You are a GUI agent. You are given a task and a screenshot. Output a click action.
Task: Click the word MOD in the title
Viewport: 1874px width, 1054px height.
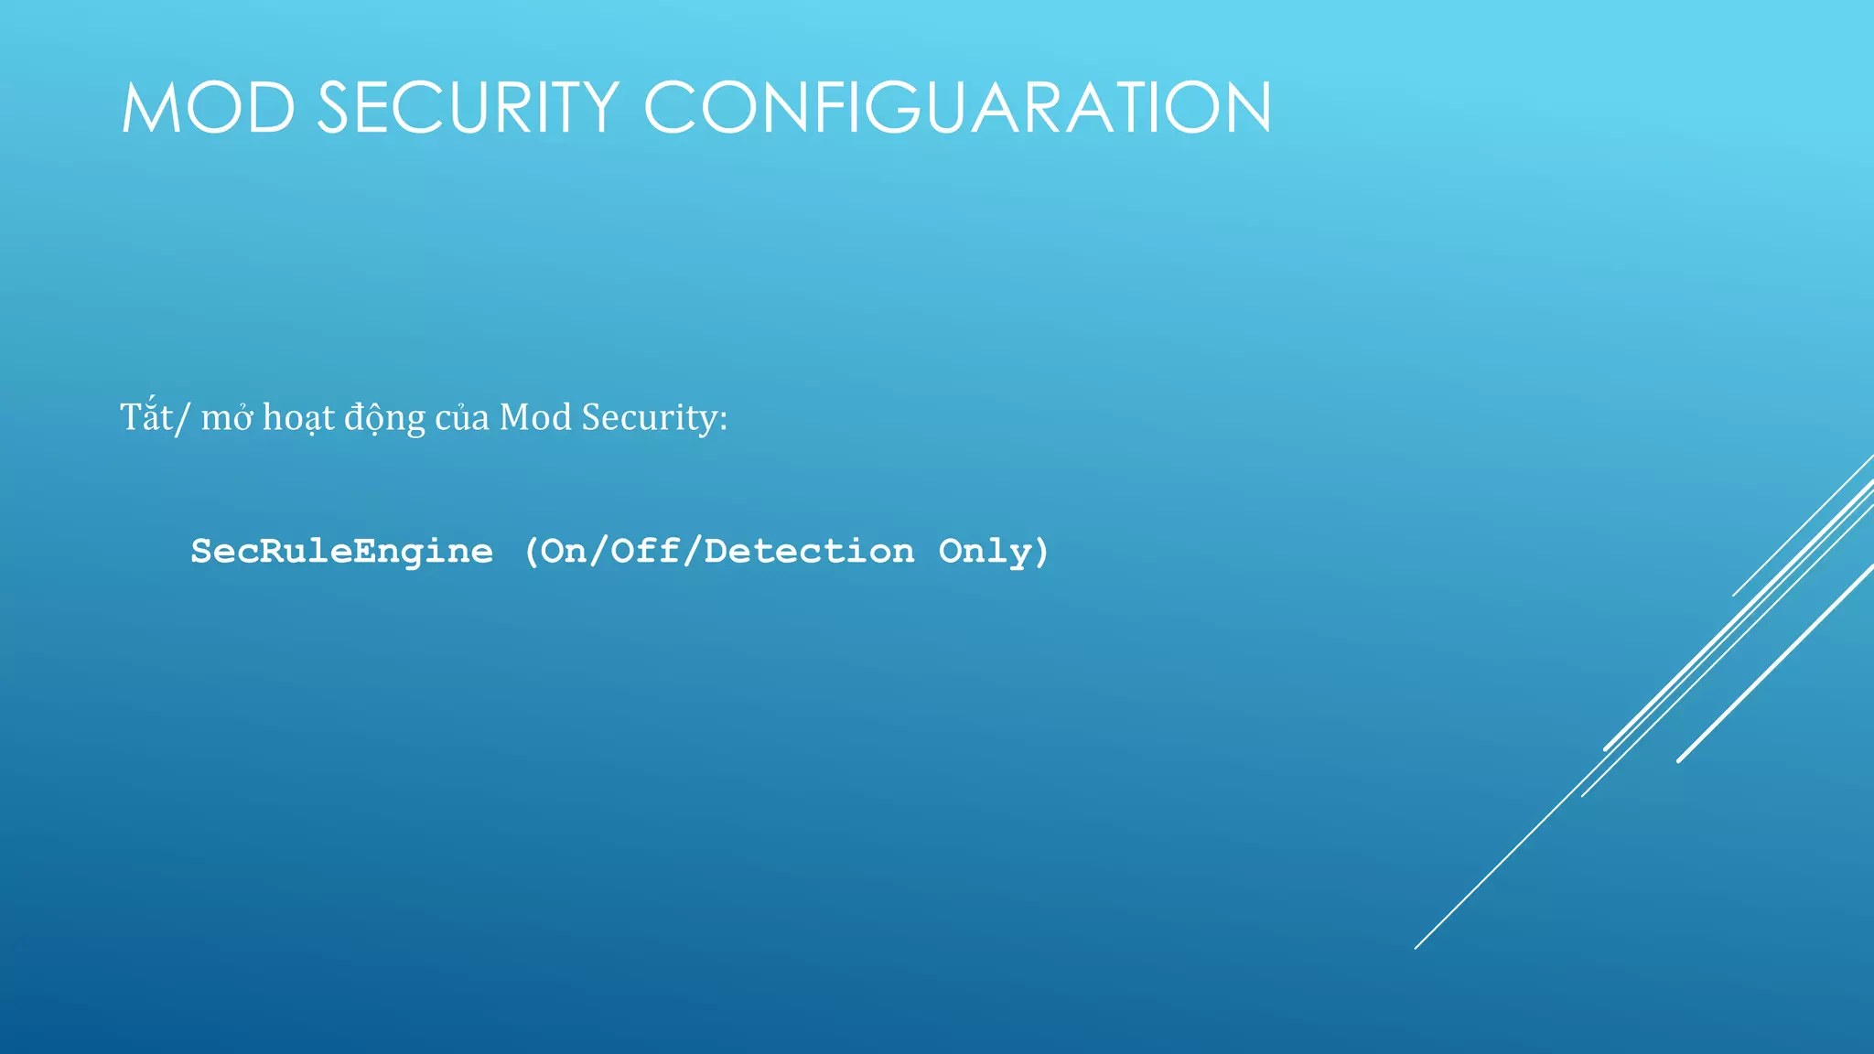208,108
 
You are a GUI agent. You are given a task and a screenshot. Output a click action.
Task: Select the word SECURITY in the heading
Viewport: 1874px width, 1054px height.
468,108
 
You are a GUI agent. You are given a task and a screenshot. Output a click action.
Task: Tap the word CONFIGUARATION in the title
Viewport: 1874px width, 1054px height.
957,108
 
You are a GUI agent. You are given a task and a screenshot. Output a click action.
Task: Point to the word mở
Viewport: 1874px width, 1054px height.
226,419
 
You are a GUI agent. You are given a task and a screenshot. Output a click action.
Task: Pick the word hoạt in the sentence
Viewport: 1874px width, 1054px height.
298,419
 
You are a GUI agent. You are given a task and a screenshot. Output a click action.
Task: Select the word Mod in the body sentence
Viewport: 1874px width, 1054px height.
535,418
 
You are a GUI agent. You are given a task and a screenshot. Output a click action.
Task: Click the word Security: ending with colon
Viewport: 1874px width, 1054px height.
654,419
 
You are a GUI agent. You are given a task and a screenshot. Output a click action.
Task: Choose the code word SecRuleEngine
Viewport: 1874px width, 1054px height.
341,552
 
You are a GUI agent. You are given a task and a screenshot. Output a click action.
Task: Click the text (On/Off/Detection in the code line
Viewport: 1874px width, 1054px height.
718,552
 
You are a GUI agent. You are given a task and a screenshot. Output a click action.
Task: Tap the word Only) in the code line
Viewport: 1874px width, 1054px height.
994,552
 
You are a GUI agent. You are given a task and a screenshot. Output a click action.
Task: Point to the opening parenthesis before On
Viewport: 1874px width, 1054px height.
532,552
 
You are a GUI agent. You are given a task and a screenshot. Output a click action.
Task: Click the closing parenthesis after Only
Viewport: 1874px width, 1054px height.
1040,552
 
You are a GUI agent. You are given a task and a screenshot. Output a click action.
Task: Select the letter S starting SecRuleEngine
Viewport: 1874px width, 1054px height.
200,552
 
